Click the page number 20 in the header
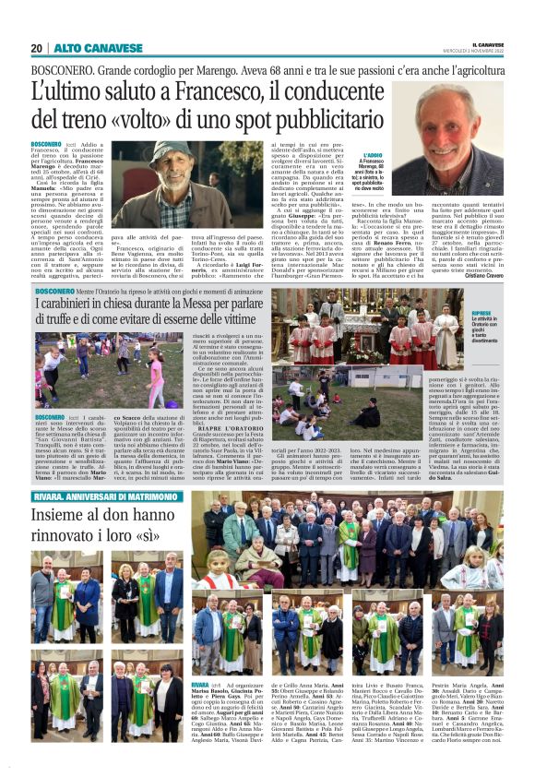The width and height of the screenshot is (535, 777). coord(37,48)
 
